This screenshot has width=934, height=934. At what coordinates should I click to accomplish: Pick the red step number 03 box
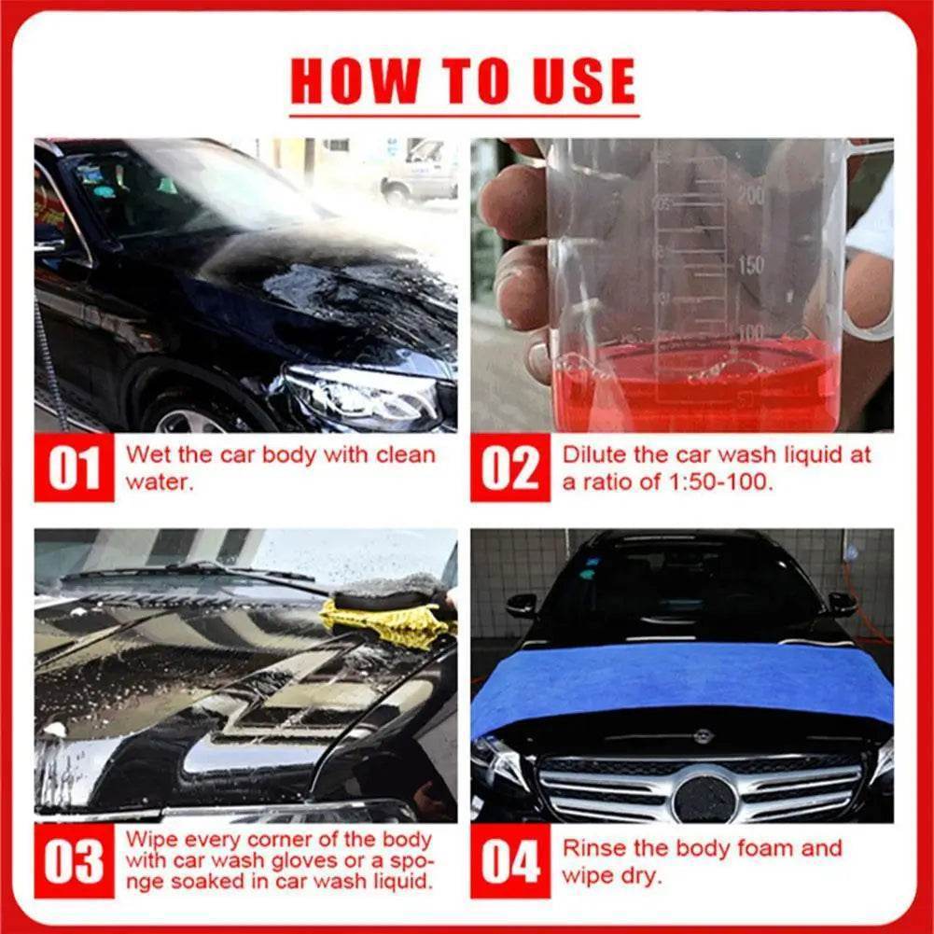coord(74,862)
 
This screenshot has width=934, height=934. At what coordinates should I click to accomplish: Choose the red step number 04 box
coord(509,862)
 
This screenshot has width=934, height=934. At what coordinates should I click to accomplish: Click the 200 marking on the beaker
coord(750,195)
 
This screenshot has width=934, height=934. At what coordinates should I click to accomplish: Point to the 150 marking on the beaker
coord(750,265)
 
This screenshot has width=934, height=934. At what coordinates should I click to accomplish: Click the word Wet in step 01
coord(146,455)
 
